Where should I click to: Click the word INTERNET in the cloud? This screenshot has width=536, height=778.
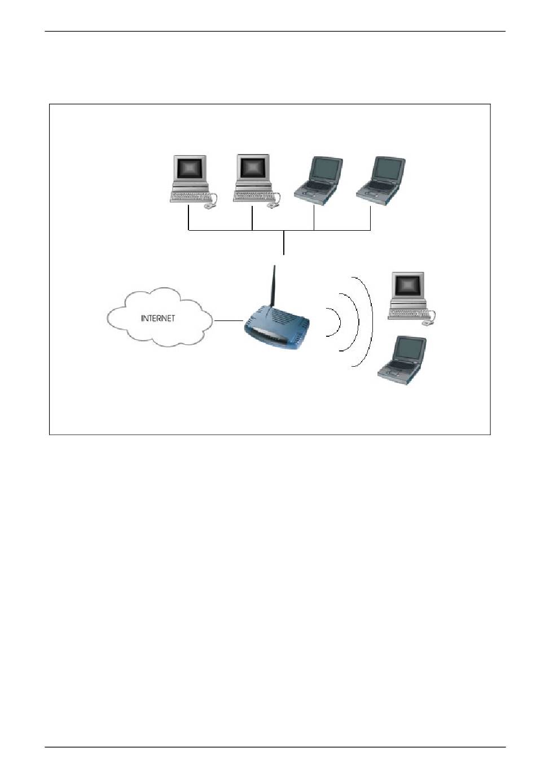(158, 318)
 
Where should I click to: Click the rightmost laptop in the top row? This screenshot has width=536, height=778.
(382, 179)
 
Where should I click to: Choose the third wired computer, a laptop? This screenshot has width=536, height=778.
(319, 180)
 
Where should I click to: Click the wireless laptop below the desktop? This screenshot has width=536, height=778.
(402, 361)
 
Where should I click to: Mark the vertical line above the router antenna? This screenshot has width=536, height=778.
(284, 244)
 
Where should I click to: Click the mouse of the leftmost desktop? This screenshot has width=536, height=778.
(210, 206)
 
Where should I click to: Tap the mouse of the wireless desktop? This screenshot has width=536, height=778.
(427, 323)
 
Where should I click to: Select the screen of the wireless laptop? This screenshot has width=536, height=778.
(407, 350)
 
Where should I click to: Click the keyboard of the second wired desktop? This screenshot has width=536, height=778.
(252, 196)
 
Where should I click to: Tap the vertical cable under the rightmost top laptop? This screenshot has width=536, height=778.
(371, 218)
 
